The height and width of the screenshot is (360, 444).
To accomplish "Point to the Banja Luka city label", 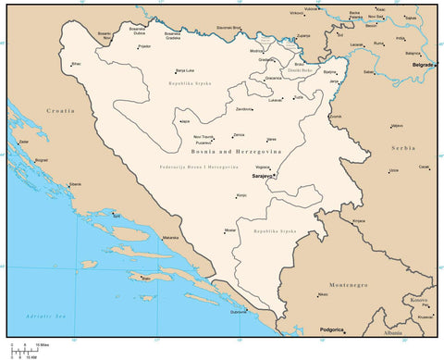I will (185, 70).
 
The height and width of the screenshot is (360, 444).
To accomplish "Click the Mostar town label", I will (230, 230).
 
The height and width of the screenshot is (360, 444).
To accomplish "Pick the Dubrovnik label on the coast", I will (240, 312).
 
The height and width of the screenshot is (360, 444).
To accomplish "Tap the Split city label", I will (116, 215).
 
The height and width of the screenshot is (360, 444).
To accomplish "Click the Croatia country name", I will (60, 110).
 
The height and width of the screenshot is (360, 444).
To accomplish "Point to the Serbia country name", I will (402, 147).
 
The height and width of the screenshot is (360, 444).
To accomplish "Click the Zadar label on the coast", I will (22, 142).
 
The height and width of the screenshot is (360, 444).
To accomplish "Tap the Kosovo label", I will (419, 300).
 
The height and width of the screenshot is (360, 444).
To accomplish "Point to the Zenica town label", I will (239, 134).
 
